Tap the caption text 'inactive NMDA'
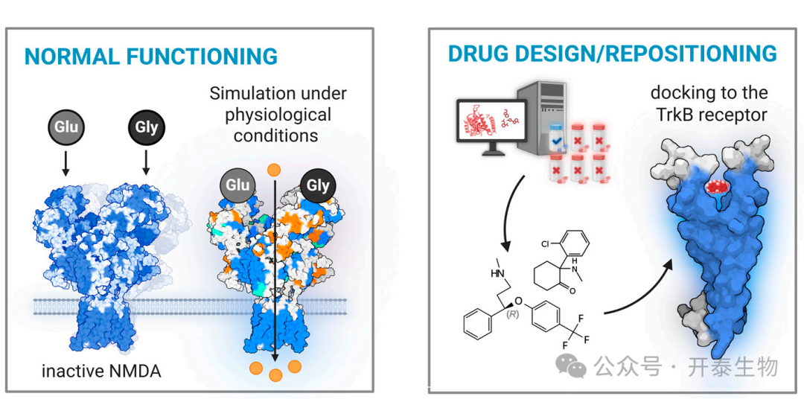101,371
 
